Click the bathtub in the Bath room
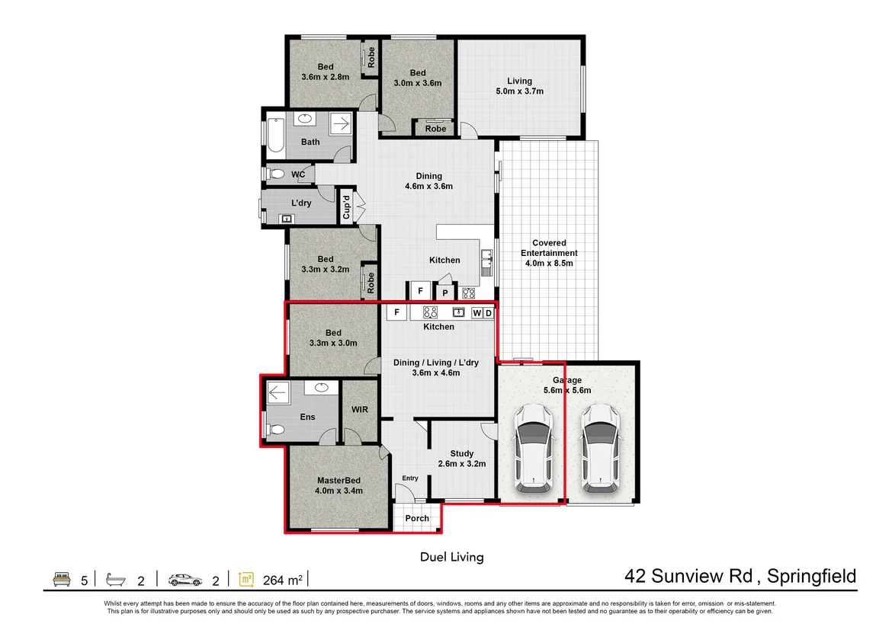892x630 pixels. [x=276, y=136]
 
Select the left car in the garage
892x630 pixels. [x=533, y=448]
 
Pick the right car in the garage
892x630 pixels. [x=600, y=448]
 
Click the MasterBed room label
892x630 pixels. [x=339, y=485]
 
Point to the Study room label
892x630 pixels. [x=462, y=459]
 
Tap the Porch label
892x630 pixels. [x=417, y=519]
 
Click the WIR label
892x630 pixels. [x=360, y=409]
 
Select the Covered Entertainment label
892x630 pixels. [x=549, y=253]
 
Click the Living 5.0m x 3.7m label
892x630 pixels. [x=519, y=86]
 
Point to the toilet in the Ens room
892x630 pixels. [x=275, y=430]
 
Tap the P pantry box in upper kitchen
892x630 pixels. [x=445, y=293]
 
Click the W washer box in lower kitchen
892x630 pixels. [x=476, y=313]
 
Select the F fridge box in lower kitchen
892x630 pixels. [x=396, y=312]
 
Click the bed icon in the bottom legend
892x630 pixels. [x=62, y=580]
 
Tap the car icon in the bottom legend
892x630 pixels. [x=185, y=580]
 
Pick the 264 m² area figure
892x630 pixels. [x=283, y=580]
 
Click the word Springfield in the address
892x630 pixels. [x=811, y=577]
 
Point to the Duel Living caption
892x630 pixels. [x=451, y=557]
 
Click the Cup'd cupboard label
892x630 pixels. [x=346, y=207]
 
